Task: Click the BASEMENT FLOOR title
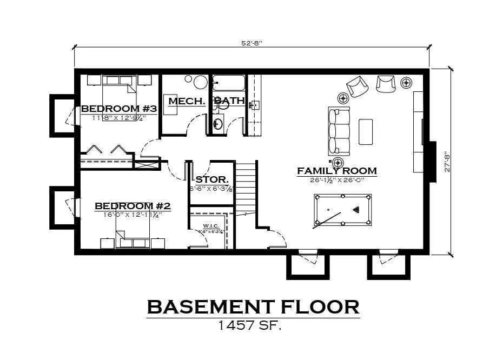tap(253, 307)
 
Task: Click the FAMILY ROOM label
tap(336, 171)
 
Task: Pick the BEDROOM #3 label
tap(119, 109)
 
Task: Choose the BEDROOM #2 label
tap(133, 206)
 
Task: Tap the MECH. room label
tap(186, 101)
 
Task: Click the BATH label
tap(229, 101)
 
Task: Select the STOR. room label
tap(211, 179)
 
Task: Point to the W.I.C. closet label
tap(210, 226)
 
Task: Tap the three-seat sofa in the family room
tap(339, 131)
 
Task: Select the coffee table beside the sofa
tap(366, 131)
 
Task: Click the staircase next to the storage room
tap(246, 186)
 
